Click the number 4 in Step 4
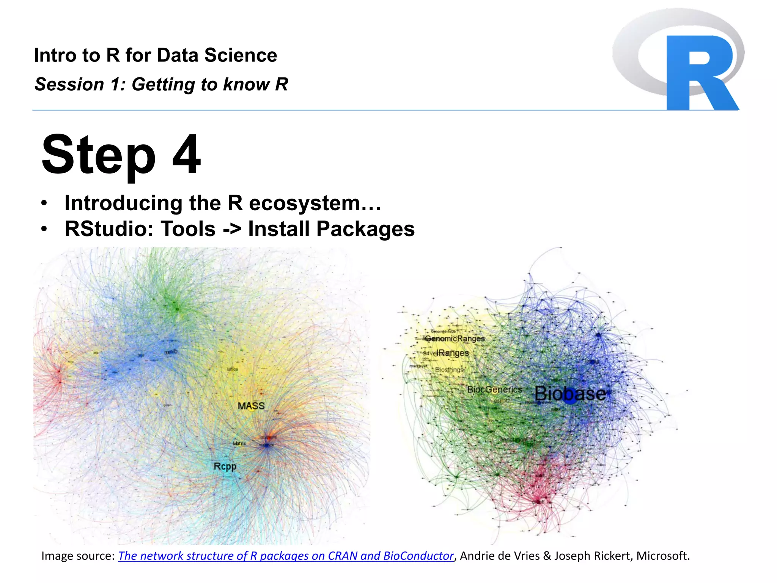(186, 154)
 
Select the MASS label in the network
(251, 406)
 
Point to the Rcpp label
(225, 466)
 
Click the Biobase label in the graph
(570, 394)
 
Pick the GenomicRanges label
(455, 338)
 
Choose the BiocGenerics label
(494, 389)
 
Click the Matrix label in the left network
(239, 443)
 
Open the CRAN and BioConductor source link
(286, 556)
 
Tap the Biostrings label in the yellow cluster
(449, 370)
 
